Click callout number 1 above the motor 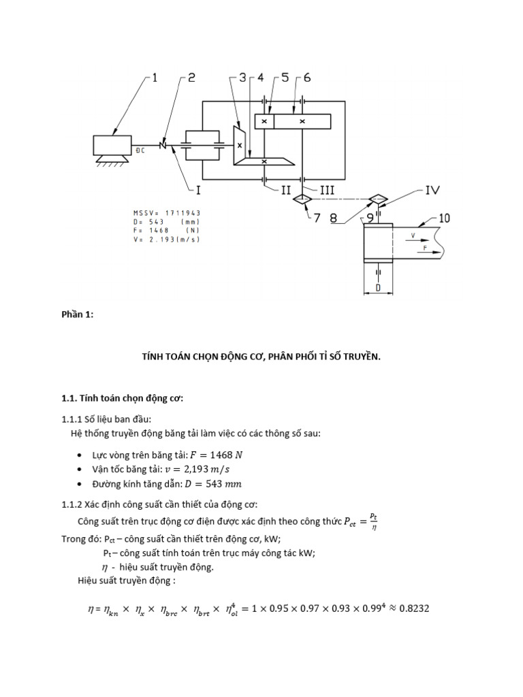(155, 78)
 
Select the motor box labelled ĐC (113, 145)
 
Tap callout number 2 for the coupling (191, 78)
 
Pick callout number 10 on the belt (445, 218)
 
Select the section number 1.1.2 (72, 504)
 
